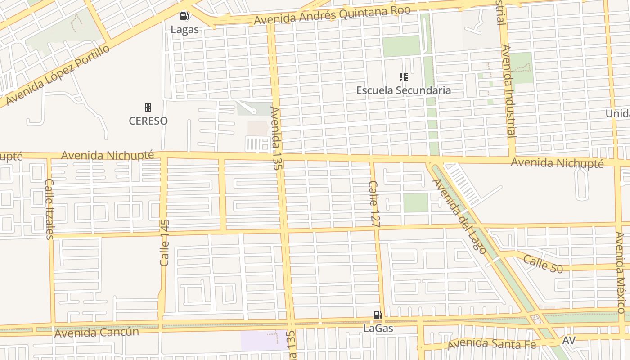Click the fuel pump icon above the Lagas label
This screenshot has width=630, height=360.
tap(184, 16)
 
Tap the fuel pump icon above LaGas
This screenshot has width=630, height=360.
tap(378, 315)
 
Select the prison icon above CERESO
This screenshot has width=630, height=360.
tap(148, 108)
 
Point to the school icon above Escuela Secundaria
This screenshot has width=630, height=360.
tap(404, 77)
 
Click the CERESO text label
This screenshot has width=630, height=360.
tap(148, 121)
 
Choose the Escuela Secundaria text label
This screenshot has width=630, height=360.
tap(404, 90)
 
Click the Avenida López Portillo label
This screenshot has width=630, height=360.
tap(58, 75)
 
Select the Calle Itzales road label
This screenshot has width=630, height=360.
tap(49, 209)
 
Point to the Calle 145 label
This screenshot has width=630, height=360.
tap(165, 243)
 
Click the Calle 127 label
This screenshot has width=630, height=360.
tap(373, 200)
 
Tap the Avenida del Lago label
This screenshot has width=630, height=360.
tap(459, 216)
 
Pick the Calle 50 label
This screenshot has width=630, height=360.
tap(543, 264)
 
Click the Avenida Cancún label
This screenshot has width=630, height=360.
tap(97, 333)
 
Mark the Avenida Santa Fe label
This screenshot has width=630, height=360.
tap(492, 344)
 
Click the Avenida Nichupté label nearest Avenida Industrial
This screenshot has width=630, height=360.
tap(557, 163)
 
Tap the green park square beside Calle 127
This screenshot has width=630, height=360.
tap(415, 202)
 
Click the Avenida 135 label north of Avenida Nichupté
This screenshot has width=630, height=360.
tap(276, 138)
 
